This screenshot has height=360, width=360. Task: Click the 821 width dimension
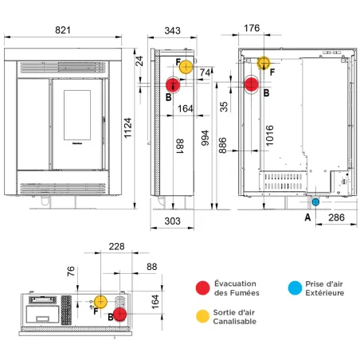(63, 30)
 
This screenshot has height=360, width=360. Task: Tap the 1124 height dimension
(127, 127)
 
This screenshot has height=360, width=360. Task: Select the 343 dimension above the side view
(172, 30)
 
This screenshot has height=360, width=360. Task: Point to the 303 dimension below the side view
(172, 221)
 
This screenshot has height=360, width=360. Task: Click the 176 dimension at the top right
(252, 28)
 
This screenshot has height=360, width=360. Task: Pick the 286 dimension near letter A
(336, 217)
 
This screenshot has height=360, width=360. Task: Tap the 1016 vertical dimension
(269, 135)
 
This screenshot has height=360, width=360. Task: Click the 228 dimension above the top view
(116, 246)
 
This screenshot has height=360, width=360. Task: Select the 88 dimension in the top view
(152, 267)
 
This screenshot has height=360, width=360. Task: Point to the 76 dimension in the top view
(71, 272)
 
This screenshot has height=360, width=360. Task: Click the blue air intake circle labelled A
(315, 202)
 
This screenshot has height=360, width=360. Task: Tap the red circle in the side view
(173, 85)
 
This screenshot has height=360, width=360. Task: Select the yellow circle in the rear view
(264, 63)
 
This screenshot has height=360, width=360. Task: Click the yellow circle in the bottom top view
(100, 302)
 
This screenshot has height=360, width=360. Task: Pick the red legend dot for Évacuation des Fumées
(202, 288)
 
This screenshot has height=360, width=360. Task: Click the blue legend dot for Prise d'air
(295, 288)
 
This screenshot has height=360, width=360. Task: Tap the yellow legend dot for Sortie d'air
(202, 316)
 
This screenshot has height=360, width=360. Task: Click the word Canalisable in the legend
(235, 321)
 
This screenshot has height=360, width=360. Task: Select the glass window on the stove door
(77, 115)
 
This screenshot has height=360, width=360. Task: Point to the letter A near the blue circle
(307, 217)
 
